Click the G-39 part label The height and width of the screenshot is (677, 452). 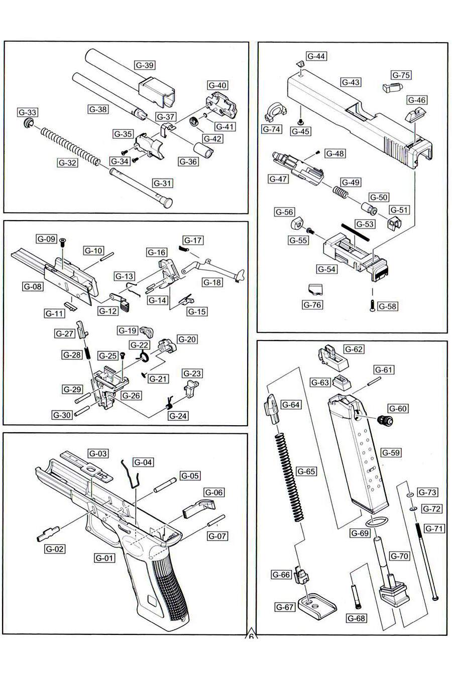[145, 65]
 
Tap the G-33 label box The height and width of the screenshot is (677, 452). [28, 112]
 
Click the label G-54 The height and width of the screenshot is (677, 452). [326, 269]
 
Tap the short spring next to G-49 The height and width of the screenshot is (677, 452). [340, 191]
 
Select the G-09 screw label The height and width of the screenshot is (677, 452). [46, 239]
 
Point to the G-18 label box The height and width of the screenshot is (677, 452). [212, 282]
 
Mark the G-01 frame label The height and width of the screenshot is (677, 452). [104, 558]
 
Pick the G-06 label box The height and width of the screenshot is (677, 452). [213, 492]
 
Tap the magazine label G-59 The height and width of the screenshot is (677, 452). [391, 452]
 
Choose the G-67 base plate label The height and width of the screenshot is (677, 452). [285, 607]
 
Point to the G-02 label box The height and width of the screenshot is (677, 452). [55, 549]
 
